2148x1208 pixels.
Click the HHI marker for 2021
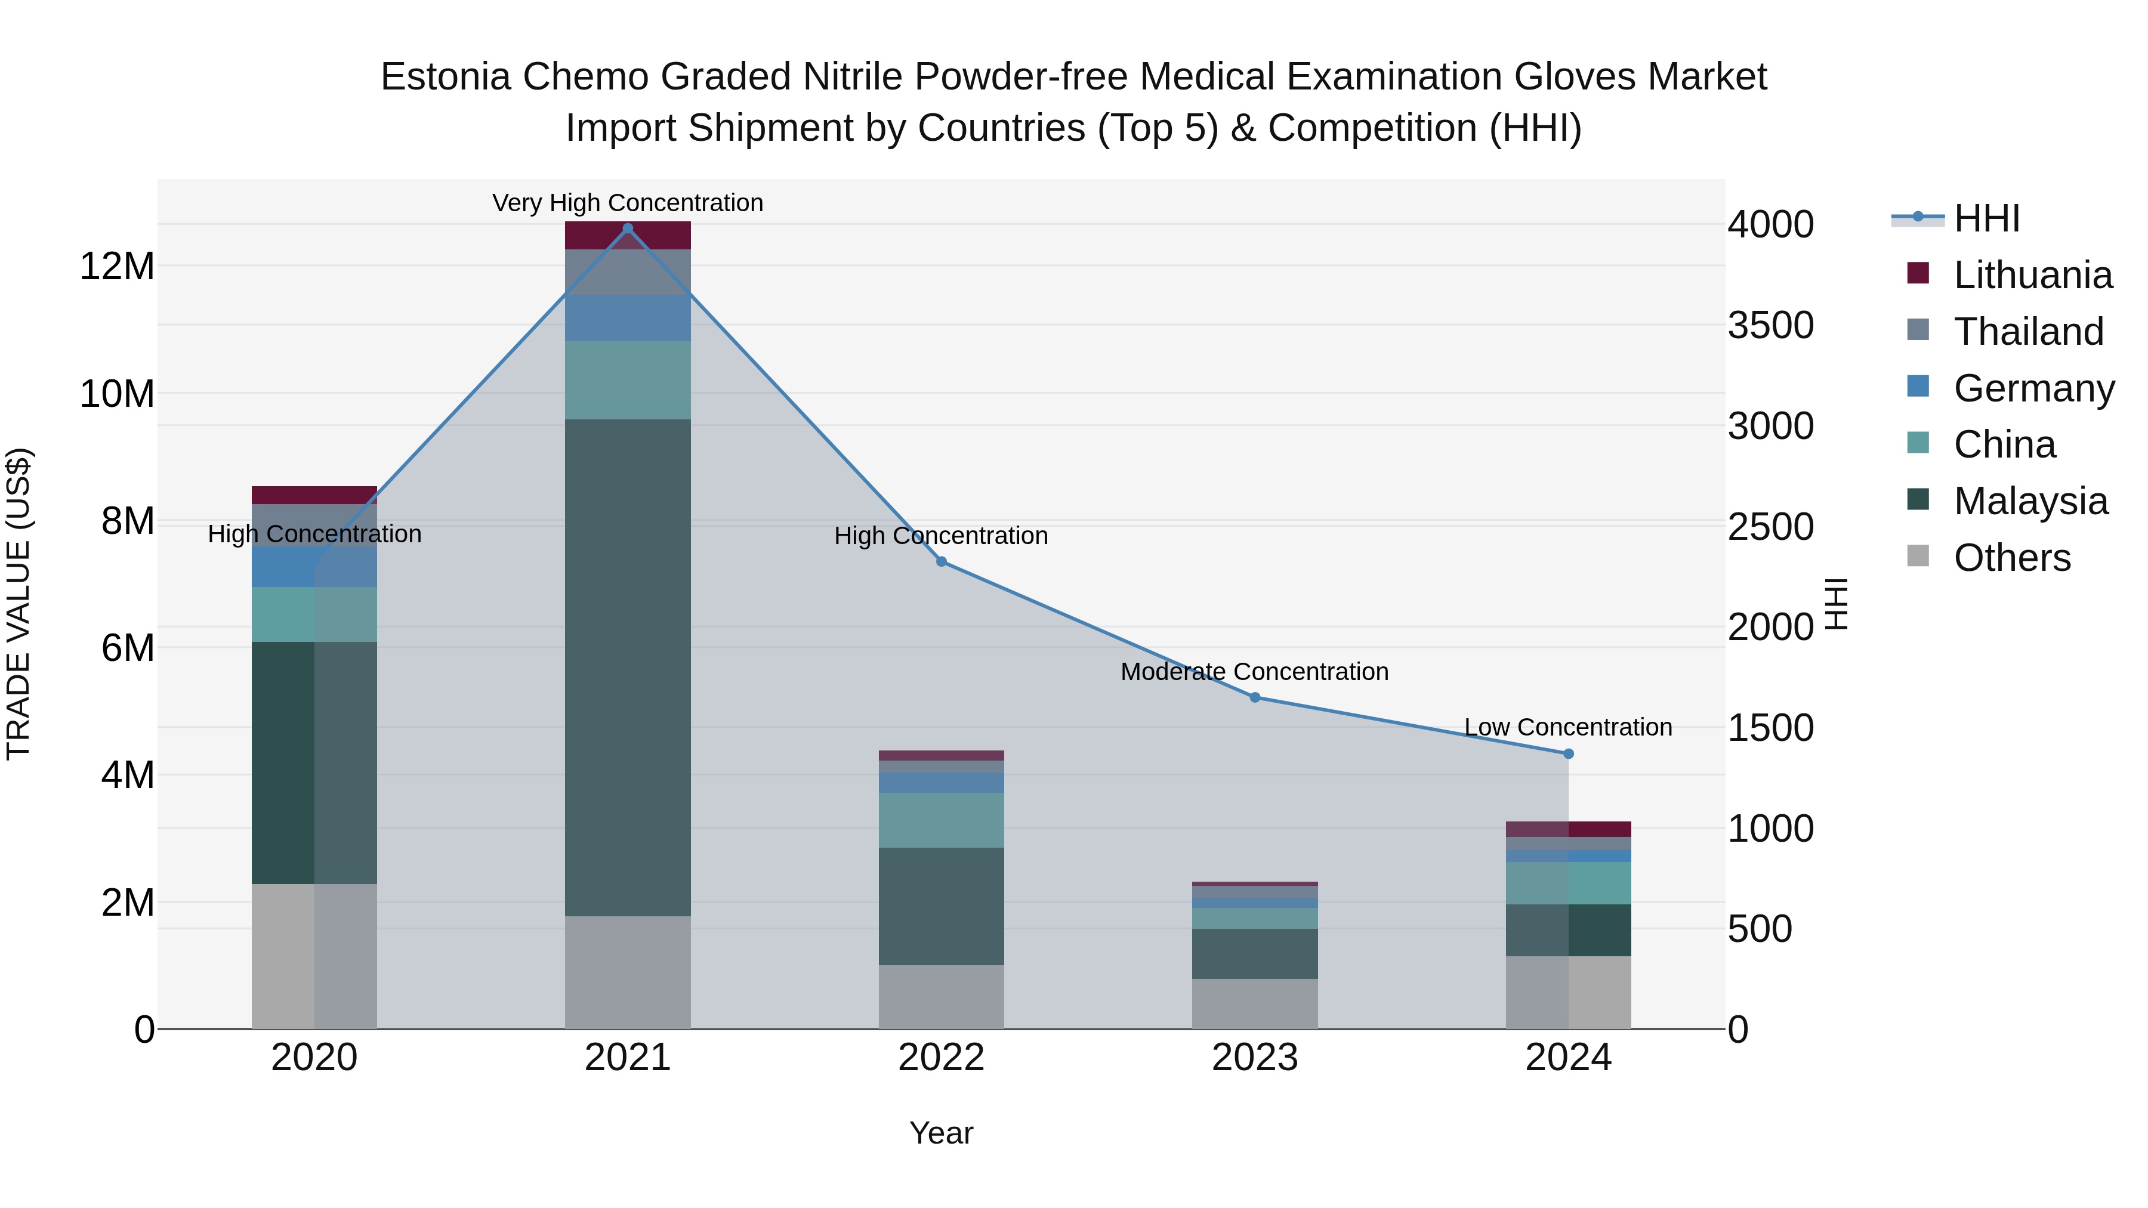click(628, 228)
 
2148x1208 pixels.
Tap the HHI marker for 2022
click(942, 562)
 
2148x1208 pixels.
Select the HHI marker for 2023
click(1255, 697)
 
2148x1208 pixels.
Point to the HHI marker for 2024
click(1569, 753)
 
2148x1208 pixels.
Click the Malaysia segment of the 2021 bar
click(628, 667)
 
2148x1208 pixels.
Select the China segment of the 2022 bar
click(942, 820)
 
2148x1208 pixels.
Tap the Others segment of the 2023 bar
click(1255, 1004)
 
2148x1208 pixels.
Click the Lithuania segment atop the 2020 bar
click(314, 495)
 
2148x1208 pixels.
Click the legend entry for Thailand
click(2028, 332)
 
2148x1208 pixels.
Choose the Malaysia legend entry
click(2030, 501)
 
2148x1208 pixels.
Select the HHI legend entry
click(1986, 218)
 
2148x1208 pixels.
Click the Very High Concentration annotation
click(628, 203)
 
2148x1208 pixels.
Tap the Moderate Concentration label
click(1254, 672)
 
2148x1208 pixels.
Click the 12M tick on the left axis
click(117, 267)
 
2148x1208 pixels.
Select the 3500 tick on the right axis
click(1770, 325)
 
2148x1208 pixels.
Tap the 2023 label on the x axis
click(1254, 1058)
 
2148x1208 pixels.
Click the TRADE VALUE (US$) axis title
click(19, 604)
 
